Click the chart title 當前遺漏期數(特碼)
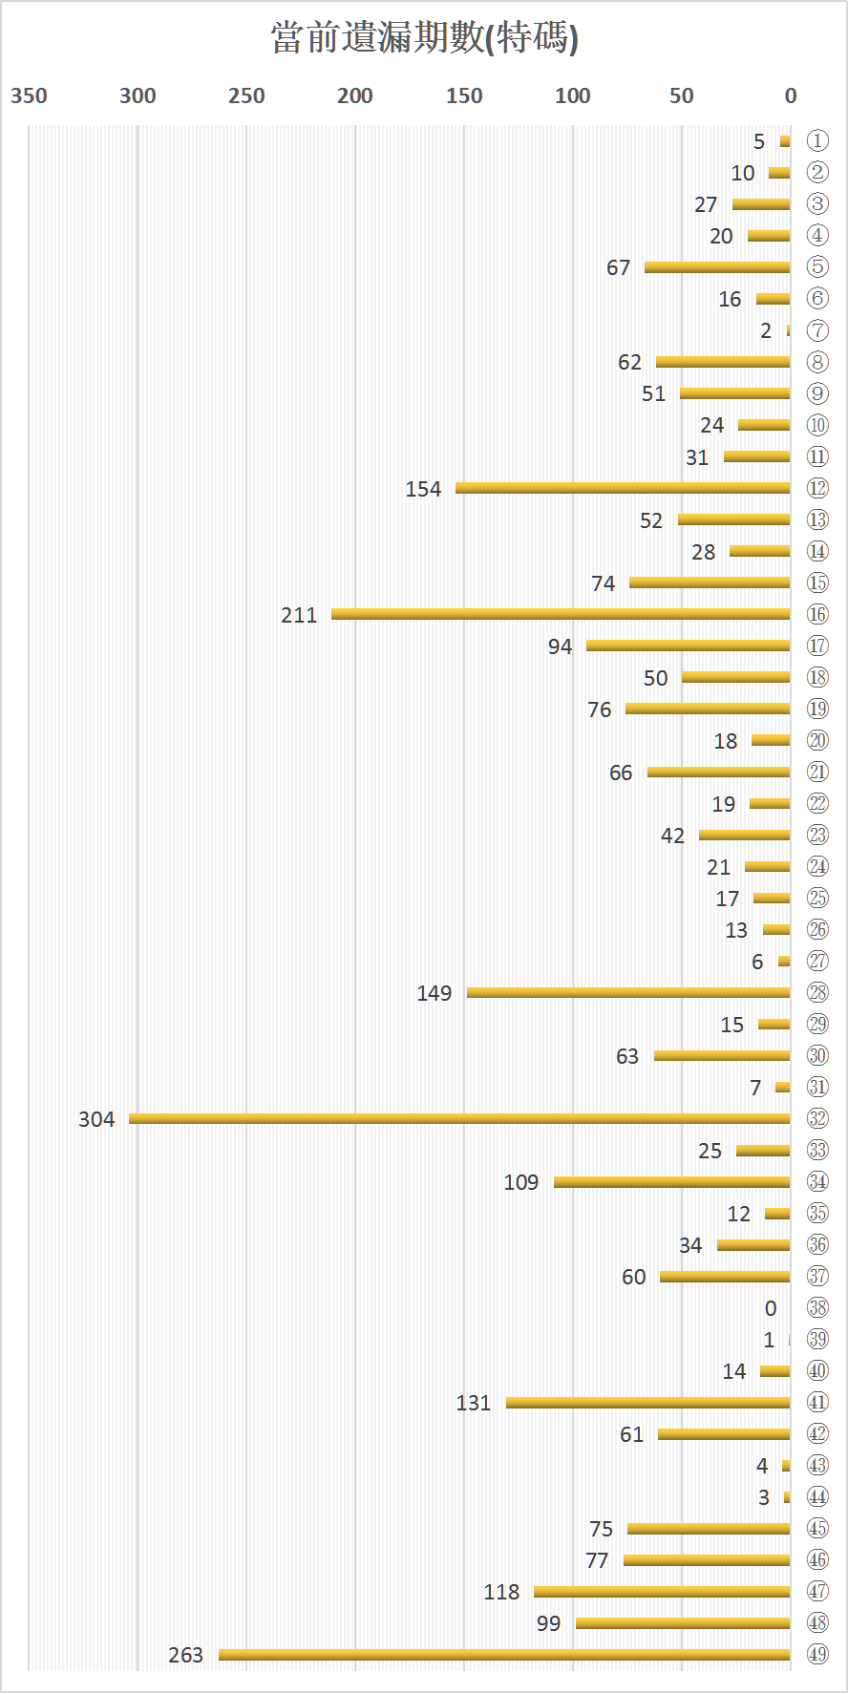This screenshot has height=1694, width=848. tap(424, 38)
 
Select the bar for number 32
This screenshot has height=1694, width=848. tap(458, 1118)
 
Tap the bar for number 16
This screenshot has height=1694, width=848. tap(561, 614)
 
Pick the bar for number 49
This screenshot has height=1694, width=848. tap(504, 1655)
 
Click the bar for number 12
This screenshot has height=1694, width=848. tap(623, 488)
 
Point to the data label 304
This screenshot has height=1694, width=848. tap(96, 1119)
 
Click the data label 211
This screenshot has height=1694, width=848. tap(299, 615)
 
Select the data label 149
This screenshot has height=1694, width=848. tap(435, 993)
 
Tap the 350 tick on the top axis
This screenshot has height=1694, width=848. tap(29, 95)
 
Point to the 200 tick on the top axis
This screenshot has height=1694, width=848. tap(355, 95)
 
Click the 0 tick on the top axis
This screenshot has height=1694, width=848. tap(791, 95)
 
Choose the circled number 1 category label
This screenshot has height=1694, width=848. tap(817, 141)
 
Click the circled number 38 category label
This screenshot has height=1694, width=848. tap(817, 1307)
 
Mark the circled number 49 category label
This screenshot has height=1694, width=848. tap(817, 1654)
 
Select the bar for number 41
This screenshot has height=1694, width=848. tap(647, 1403)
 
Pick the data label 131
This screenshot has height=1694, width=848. tap(474, 1403)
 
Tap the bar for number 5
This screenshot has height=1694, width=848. tap(717, 267)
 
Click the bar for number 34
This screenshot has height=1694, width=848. tap(671, 1182)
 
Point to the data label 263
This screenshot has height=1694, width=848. tap(186, 1655)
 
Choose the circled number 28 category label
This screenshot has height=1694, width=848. tap(817, 992)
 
